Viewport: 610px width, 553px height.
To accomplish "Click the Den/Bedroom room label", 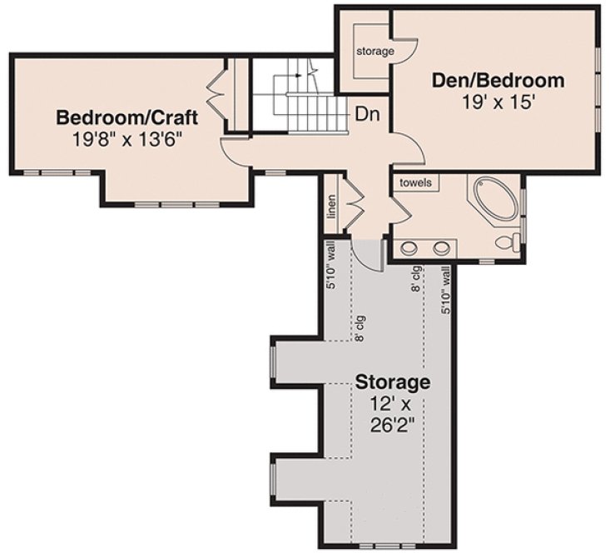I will [x=498, y=81].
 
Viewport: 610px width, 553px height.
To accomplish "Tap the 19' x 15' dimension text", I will [x=498, y=102].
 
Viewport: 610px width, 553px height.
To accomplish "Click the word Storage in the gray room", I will [x=393, y=383].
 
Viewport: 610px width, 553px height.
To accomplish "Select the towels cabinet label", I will [x=415, y=182].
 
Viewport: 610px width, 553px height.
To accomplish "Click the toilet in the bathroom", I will [x=508, y=242].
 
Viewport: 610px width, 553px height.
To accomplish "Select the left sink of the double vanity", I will [x=409, y=247].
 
